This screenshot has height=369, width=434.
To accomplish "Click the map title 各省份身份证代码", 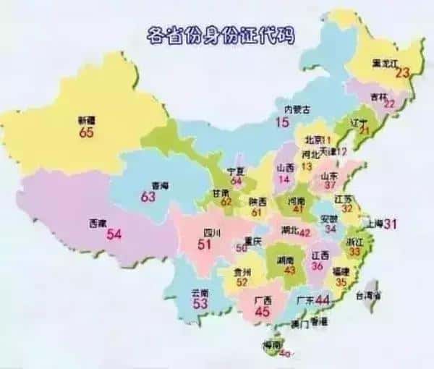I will [x=221, y=33].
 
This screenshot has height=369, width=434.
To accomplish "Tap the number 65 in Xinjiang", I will [x=87, y=133].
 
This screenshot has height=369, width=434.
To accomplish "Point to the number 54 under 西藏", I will [x=114, y=234].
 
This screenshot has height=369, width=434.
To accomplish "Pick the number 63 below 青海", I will [x=148, y=197].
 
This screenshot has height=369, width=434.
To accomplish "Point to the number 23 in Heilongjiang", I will [x=402, y=72].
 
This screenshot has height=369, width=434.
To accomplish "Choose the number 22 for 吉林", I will [x=388, y=103].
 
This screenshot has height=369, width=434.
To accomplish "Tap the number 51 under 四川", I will [x=205, y=245].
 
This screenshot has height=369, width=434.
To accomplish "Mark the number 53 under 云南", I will [x=200, y=304].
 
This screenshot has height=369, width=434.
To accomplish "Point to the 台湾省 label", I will [x=370, y=294].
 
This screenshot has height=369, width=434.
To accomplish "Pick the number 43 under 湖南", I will [x=289, y=269].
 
